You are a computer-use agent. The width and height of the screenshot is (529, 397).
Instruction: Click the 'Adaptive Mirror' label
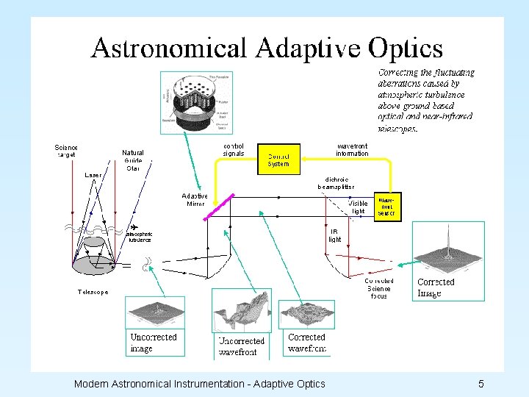tap(195, 199)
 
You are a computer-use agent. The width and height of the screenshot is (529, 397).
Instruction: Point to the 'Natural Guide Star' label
tap(133, 160)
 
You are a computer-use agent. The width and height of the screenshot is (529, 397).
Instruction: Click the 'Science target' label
tap(67, 151)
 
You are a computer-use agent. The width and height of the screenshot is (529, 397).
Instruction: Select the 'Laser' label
tap(93, 176)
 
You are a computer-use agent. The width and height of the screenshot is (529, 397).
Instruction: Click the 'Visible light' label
tap(358, 207)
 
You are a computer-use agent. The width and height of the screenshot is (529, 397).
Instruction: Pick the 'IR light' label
tap(334, 235)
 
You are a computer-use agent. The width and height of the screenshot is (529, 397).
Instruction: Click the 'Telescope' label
tap(93, 292)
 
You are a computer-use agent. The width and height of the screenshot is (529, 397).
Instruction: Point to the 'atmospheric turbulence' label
tap(140, 236)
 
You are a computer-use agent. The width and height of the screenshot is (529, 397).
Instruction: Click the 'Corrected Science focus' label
tap(379, 288)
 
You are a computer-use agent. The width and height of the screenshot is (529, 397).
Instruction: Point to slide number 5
tap(481, 384)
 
